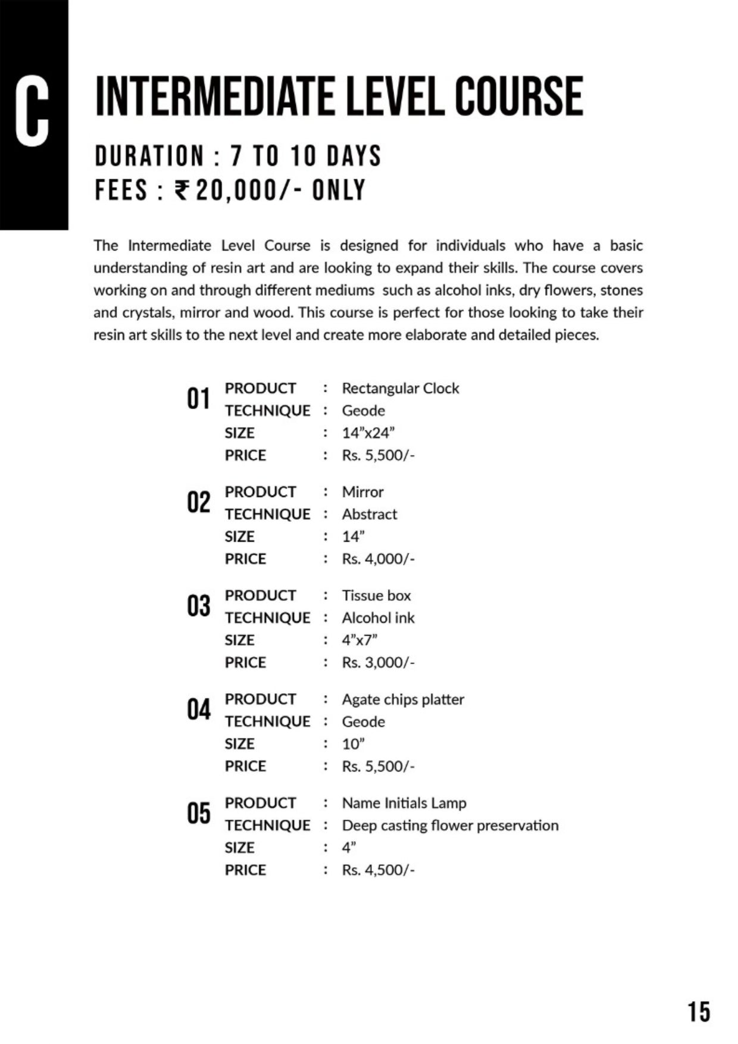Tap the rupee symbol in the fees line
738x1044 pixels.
click(x=182, y=190)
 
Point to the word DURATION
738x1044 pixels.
click(x=149, y=157)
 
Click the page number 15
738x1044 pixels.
click(x=699, y=1011)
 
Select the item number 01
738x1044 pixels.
click(x=198, y=399)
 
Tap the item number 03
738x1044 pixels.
click(x=198, y=606)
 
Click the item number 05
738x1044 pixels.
click(x=198, y=813)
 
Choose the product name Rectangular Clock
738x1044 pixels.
click(x=400, y=389)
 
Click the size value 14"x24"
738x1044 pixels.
click(x=368, y=433)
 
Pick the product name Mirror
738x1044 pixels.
click(x=362, y=492)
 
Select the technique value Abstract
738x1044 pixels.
click(x=369, y=514)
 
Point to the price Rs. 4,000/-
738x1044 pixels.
click(x=378, y=559)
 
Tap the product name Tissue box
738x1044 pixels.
click(x=376, y=596)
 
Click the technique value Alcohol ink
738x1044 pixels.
click(x=378, y=618)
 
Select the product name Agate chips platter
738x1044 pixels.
click(x=403, y=699)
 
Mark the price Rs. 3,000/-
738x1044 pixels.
click(x=378, y=662)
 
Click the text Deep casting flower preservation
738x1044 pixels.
click(x=450, y=826)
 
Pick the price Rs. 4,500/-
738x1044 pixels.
click(x=378, y=870)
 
